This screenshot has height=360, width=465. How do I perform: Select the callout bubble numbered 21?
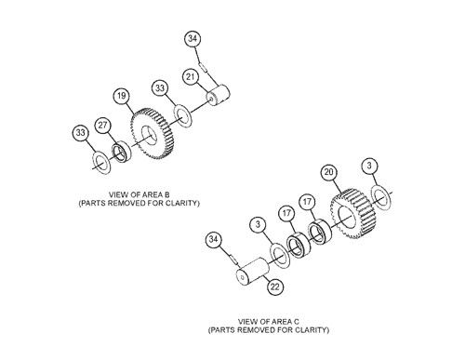click(190, 76)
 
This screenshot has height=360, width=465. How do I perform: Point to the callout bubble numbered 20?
click(327, 171)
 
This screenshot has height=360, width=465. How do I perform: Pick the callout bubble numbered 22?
click(275, 287)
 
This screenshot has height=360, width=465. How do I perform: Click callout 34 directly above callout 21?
click(192, 38)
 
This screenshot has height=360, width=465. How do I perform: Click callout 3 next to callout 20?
click(371, 167)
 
